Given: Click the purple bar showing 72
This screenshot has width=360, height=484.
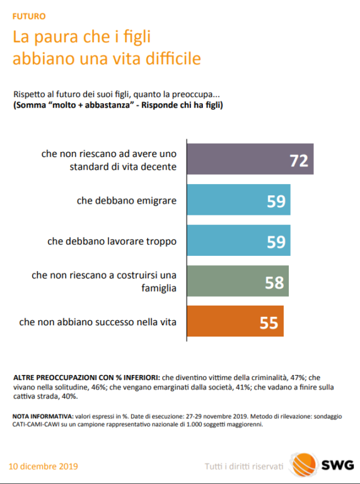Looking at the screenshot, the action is [250, 159].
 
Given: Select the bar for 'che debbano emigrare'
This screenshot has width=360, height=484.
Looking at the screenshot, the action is [239, 200].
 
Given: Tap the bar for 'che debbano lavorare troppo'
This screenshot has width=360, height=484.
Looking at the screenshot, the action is [239, 240].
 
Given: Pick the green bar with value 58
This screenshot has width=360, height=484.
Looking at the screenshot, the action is [238, 281].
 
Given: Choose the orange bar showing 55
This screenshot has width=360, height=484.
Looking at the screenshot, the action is [235, 321].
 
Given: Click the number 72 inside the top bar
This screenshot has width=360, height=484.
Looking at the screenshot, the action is [299, 161].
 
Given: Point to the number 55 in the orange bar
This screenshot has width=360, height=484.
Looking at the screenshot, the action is [269, 323].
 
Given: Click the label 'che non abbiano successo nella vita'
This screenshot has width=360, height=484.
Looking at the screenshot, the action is [98, 322].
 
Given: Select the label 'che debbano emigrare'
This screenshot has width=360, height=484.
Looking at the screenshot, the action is [127, 200].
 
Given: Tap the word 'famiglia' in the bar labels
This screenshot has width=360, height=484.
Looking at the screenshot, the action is [159, 288].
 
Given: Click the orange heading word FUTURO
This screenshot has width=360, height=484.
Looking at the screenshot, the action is [29, 16].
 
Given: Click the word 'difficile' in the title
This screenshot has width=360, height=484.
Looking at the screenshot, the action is [173, 58].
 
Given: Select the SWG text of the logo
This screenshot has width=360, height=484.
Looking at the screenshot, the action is [338, 466].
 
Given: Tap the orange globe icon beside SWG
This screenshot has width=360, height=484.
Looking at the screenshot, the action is [304, 465].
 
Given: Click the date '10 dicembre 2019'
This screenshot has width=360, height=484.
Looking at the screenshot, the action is [44, 466].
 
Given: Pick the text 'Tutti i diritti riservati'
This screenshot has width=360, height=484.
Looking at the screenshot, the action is [244, 466].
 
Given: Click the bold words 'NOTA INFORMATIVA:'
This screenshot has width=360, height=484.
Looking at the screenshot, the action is [43, 417].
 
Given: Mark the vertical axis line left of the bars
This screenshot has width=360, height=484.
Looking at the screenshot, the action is [187, 240].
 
